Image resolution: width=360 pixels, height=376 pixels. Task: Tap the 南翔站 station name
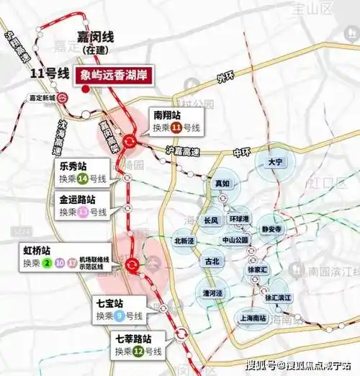point(166,114)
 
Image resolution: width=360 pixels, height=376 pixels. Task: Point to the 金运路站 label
point(78,198)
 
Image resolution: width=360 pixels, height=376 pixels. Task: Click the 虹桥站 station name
point(37,250)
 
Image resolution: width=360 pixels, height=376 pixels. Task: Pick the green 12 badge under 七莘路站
point(139,351)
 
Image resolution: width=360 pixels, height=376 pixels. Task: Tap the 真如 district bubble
point(222,184)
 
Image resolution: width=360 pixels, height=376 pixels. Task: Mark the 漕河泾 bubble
point(211,292)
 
